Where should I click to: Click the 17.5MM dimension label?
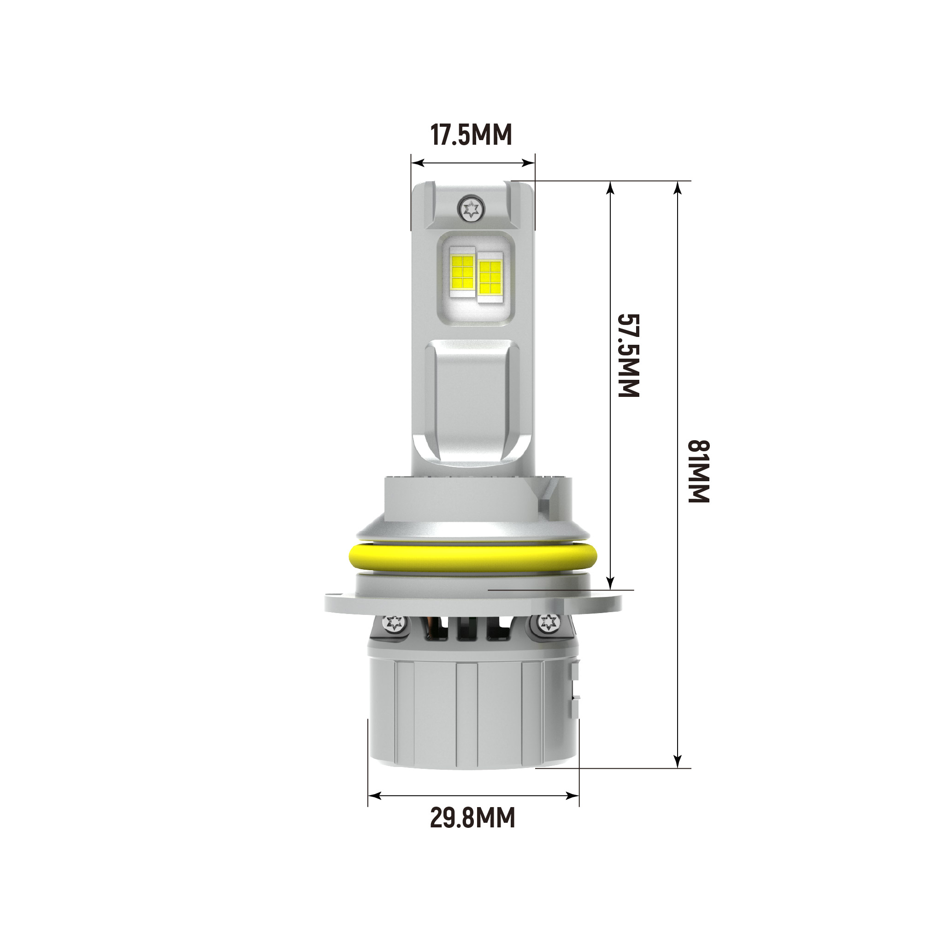pyautogui.click(x=471, y=135)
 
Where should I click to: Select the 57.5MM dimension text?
pyautogui.click(x=629, y=355)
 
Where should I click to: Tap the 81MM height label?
pyautogui.click(x=698, y=471)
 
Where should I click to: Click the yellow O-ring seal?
pyautogui.click(x=472, y=556)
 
